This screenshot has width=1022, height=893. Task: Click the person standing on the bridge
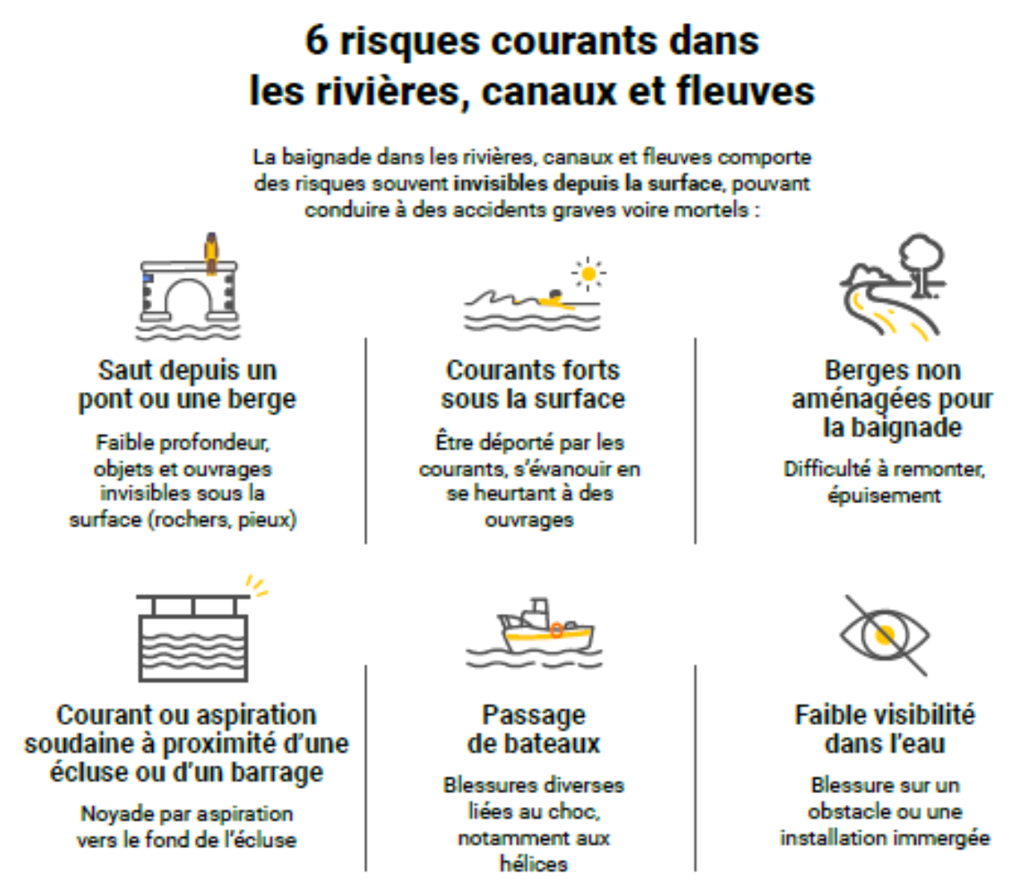tap(211, 253)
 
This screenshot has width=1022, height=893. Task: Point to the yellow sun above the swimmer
tap(589, 274)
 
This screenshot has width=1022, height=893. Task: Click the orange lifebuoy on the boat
tap(557, 630)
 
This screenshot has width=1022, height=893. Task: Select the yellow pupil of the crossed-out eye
tap(884, 635)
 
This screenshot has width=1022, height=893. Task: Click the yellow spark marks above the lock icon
tap(257, 586)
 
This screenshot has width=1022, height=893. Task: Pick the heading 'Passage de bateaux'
tap(533, 729)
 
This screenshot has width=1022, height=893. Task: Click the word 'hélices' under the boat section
tap(533, 864)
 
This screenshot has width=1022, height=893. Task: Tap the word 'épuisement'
tap(884, 495)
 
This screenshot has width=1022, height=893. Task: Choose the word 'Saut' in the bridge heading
tap(124, 370)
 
